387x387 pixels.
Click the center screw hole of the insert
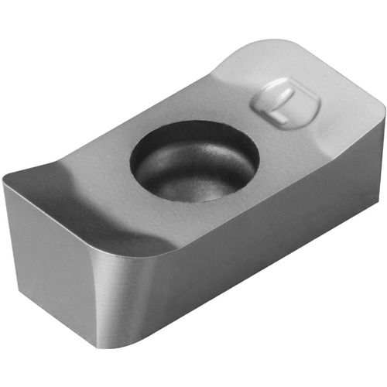click(195, 162)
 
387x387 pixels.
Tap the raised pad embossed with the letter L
click(286, 104)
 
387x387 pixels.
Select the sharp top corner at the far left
click(3, 177)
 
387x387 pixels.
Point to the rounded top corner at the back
click(273, 40)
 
